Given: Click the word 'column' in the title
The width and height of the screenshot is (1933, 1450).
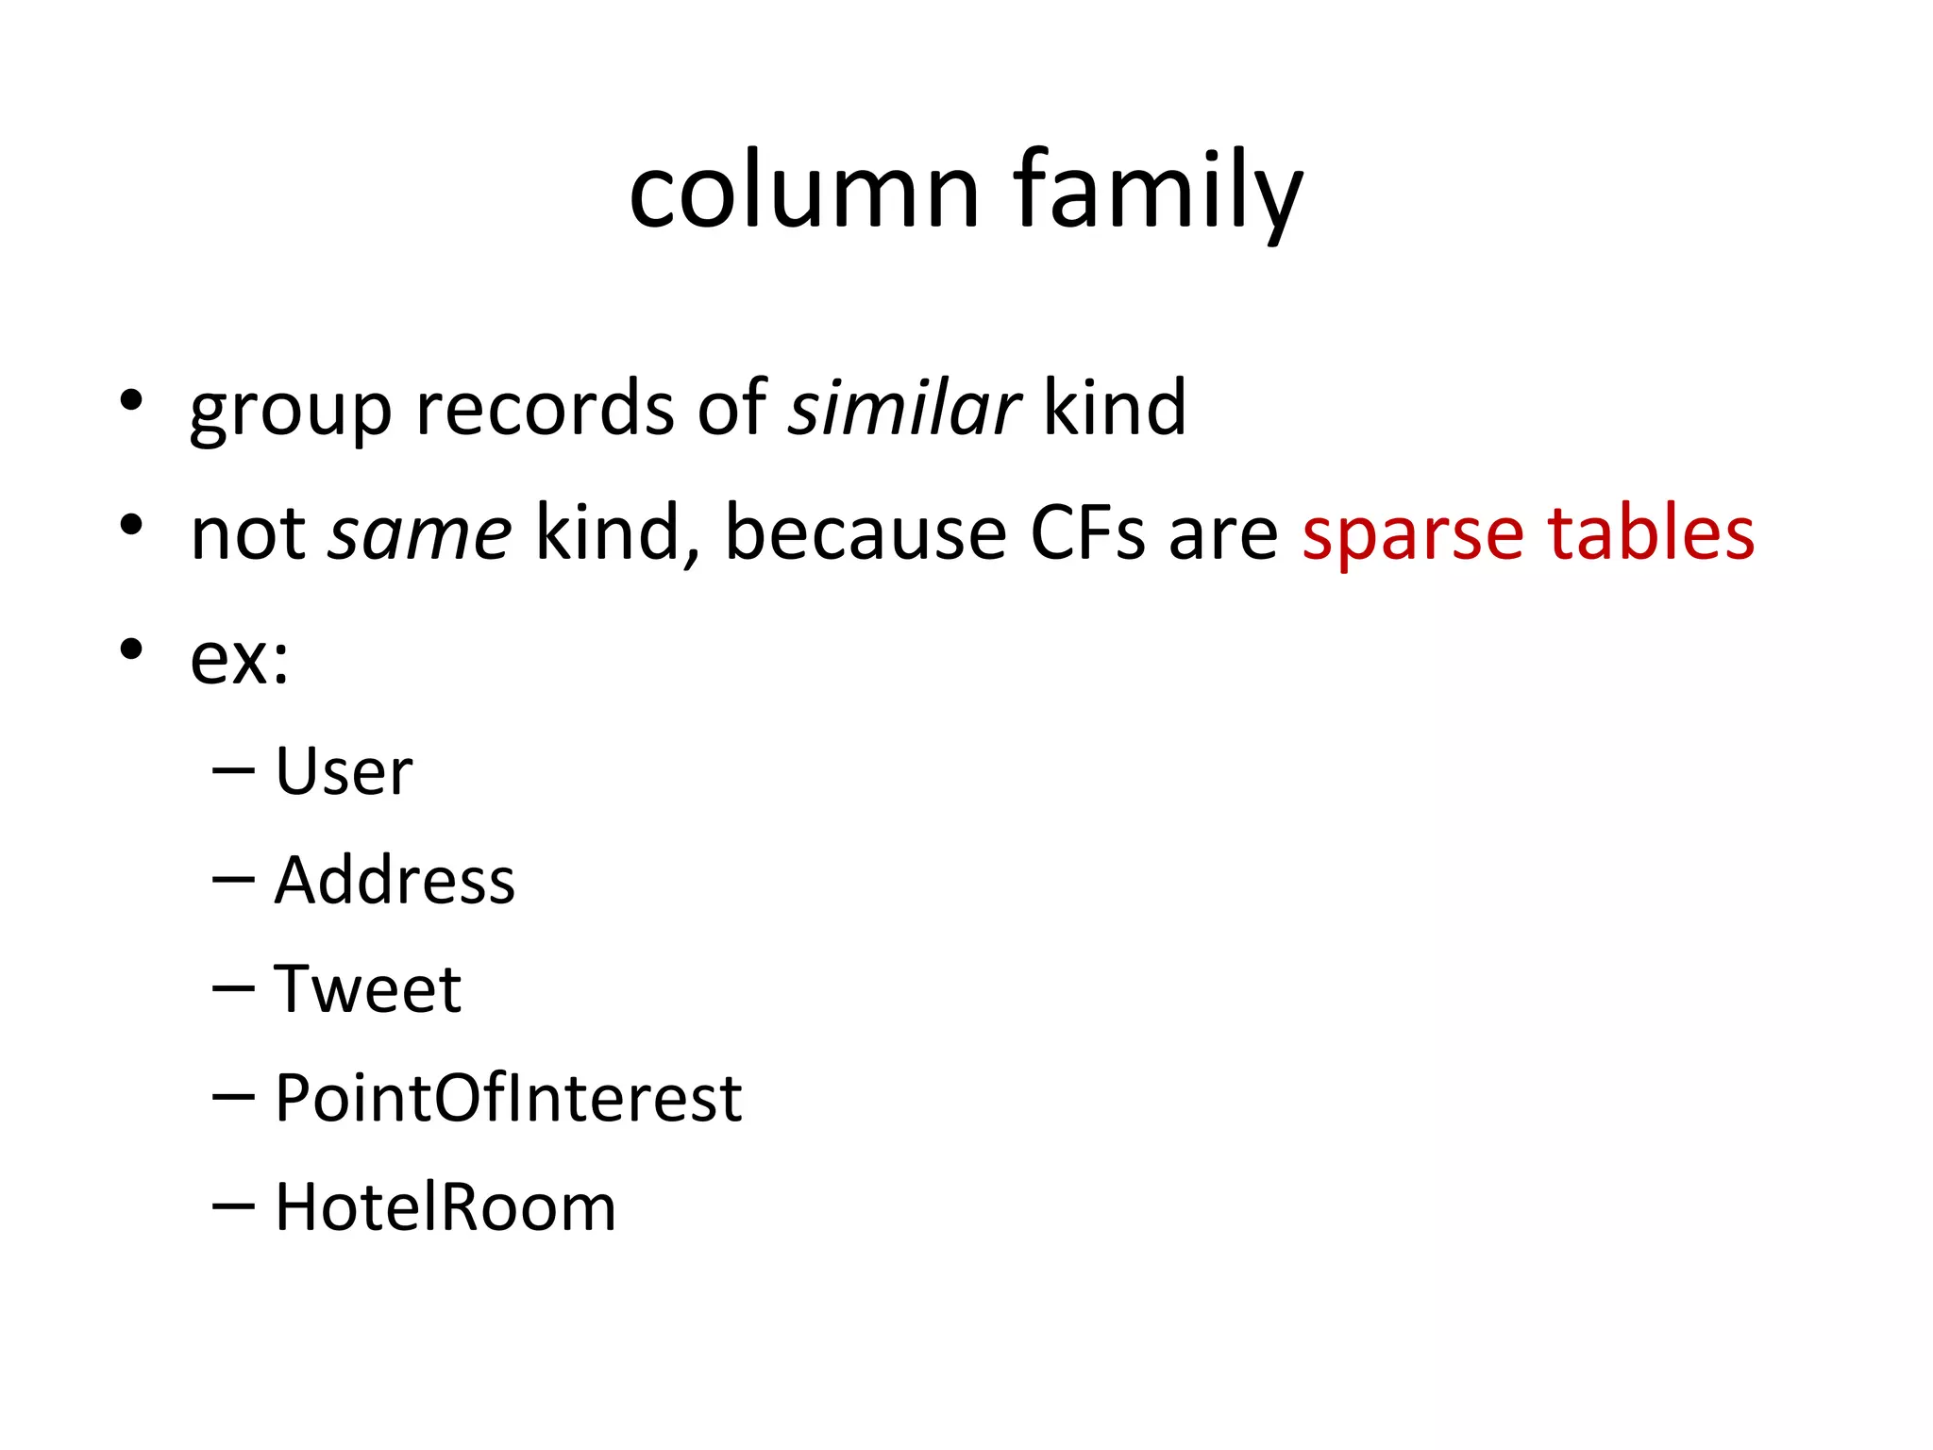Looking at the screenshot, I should pyautogui.click(x=804, y=193).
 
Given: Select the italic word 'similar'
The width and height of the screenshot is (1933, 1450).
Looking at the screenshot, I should pyautogui.click(x=904, y=409).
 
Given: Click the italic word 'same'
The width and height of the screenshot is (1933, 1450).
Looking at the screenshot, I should pyautogui.click(x=419, y=534).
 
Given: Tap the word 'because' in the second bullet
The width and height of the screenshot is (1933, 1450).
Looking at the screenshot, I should pyautogui.click(x=866, y=534).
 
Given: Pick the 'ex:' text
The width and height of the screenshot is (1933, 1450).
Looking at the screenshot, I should pyautogui.click(x=239, y=659).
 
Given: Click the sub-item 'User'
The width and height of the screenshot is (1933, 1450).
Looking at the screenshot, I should pyautogui.click(x=344, y=771).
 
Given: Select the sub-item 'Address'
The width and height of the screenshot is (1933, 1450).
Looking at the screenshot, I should pyautogui.click(x=395, y=880).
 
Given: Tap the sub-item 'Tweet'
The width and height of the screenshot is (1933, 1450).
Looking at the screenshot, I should pyautogui.click(x=368, y=989).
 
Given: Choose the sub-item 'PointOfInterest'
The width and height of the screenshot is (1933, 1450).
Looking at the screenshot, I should pyautogui.click(x=508, y=1098).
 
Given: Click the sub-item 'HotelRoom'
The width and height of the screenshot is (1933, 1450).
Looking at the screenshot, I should pyautogui.click(x=445, y=1207).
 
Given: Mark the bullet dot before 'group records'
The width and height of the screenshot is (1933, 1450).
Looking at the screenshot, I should pyautogui.click(x=131, y=400).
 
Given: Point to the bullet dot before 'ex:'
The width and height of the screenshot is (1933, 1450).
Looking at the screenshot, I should pyautogui.click(x=131, y=649).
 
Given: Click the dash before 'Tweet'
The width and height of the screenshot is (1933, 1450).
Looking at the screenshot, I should pyautogui.click(x=234, y=988).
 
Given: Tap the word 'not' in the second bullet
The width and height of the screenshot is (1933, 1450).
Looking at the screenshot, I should pyautogui.click(x=247, y=534).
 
